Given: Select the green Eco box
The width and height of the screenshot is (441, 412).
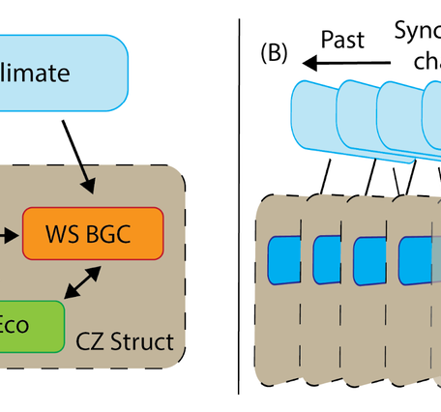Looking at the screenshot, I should pyautogui.click(x=29, y=326).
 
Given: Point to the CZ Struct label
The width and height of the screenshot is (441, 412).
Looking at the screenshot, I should pyautogui.click(x=126, y=342).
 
